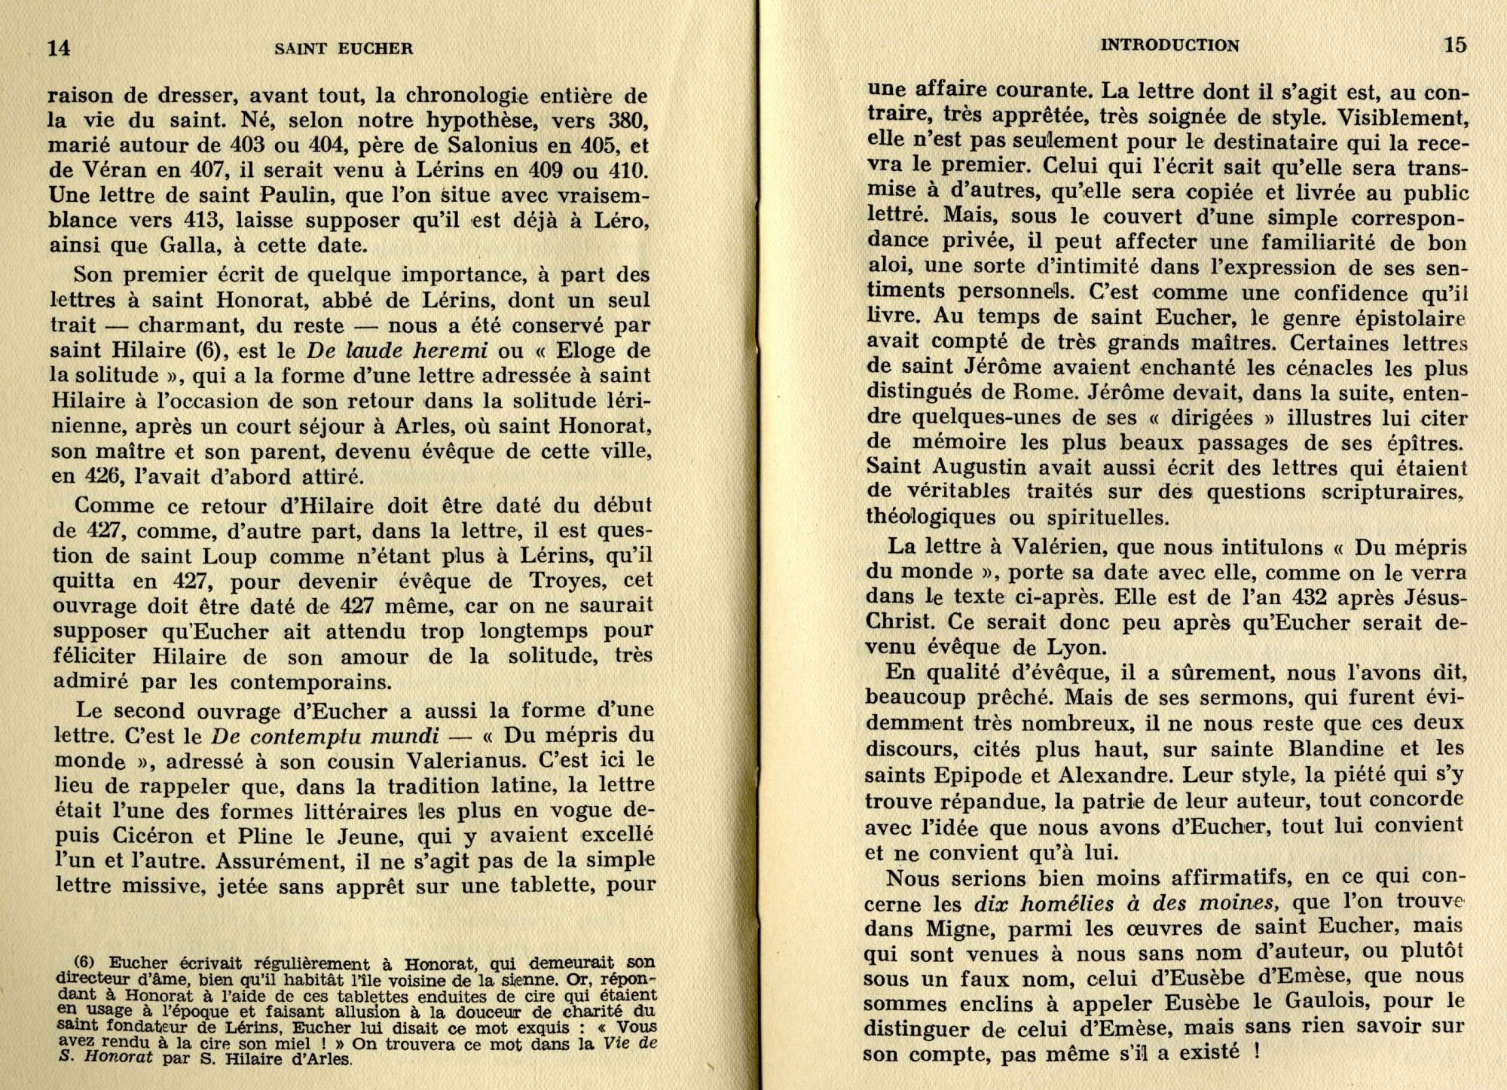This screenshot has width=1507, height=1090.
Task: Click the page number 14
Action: point(59,47)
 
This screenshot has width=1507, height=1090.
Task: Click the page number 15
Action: point(1455,45)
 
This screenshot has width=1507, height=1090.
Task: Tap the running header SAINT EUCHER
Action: point(344,49)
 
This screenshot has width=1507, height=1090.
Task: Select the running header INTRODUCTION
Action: point(1169,45)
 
